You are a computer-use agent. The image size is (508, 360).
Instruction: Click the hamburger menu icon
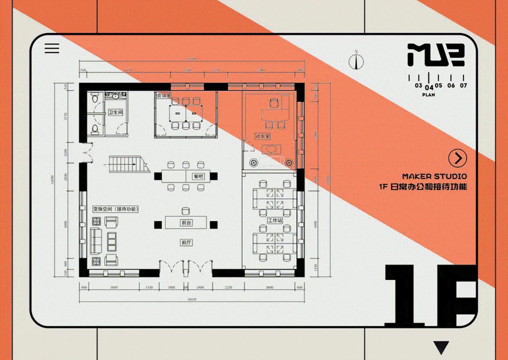[52, 48]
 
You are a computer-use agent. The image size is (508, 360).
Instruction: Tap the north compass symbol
[356, 61]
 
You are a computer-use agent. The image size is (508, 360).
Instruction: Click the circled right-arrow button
[457, 158]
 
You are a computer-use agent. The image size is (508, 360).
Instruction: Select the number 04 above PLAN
[429, 87]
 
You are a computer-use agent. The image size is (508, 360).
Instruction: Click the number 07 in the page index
[463, 85]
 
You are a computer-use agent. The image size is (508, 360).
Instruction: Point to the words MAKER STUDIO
[434, 176]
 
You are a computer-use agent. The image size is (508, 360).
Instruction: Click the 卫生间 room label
[116, 112]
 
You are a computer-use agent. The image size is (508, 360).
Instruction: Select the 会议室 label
[164, 95]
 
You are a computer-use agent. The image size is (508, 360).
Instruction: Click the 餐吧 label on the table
[198, 176]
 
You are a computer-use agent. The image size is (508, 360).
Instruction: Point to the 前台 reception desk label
[186, 223]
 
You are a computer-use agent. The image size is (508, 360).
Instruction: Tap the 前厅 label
[186, 242]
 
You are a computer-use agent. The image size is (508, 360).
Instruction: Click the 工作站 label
[275, 220]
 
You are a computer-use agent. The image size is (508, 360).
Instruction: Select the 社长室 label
[263, 136]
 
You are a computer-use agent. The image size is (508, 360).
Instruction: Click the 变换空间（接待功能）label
[116, 209]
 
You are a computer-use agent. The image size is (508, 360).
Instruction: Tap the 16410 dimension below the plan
[192, 299]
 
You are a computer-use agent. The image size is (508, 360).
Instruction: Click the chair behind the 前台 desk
[186, 211]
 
